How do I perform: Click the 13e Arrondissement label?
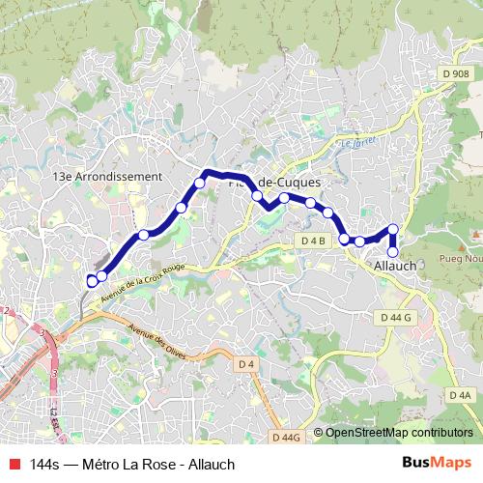coord(107,177)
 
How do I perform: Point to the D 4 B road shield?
coord(313,240)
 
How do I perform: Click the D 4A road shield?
coord(461,395)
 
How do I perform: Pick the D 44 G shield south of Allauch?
coord(395,317)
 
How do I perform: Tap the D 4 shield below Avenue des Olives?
coord(246,363)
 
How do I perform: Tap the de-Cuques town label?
coord(289,182)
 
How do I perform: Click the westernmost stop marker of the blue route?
coord(92,281)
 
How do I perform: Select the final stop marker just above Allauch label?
coord(392,252)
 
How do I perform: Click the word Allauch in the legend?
coord(212,464)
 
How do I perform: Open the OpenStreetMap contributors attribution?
coord(399,433)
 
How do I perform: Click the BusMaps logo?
coord(437,463)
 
